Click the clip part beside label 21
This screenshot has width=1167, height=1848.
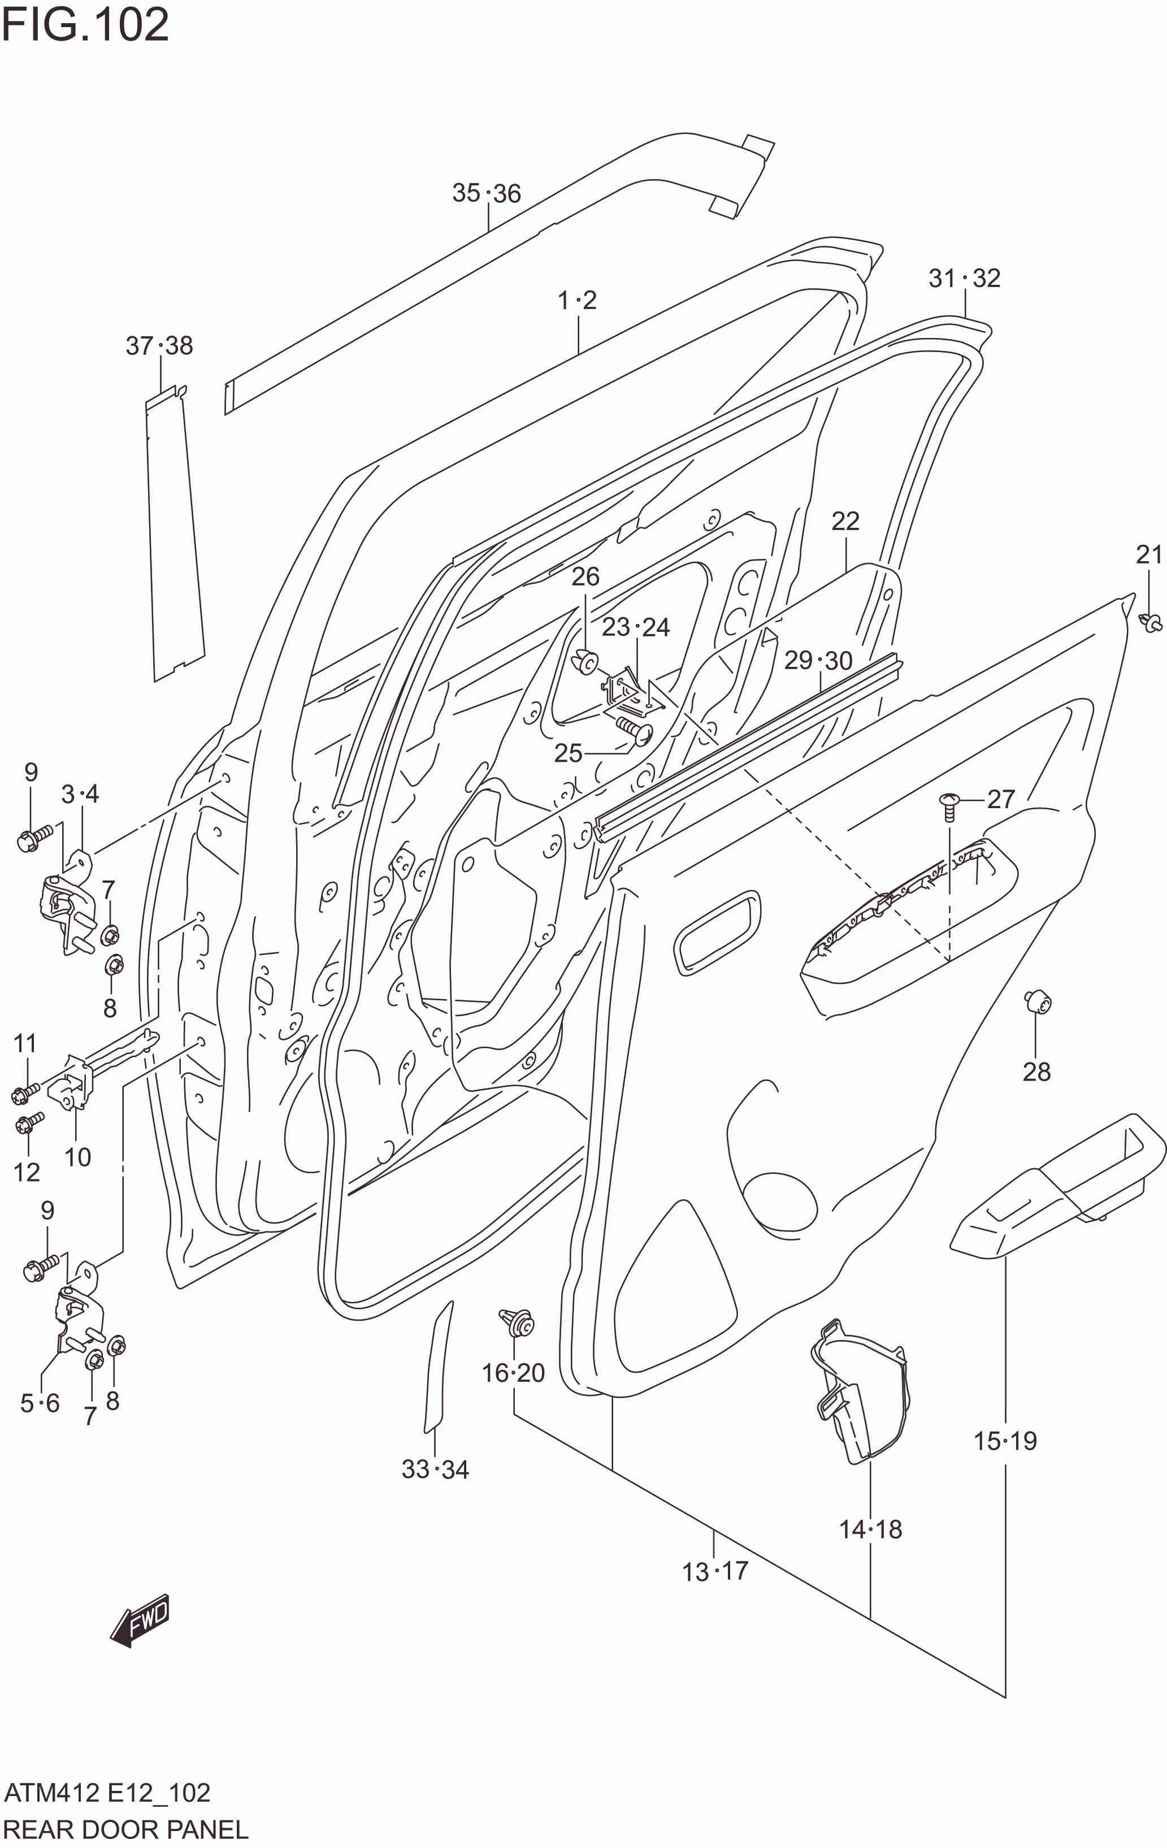(x=1150, y=622)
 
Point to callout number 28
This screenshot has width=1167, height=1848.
(x=1036, y=1072)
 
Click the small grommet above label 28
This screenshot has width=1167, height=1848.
(x=1038, y=1001)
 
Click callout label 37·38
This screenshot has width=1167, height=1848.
(x=159, y=346)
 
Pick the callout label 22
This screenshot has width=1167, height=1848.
(x=845, y=522)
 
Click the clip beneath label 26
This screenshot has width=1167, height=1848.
(x=585, y=660)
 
